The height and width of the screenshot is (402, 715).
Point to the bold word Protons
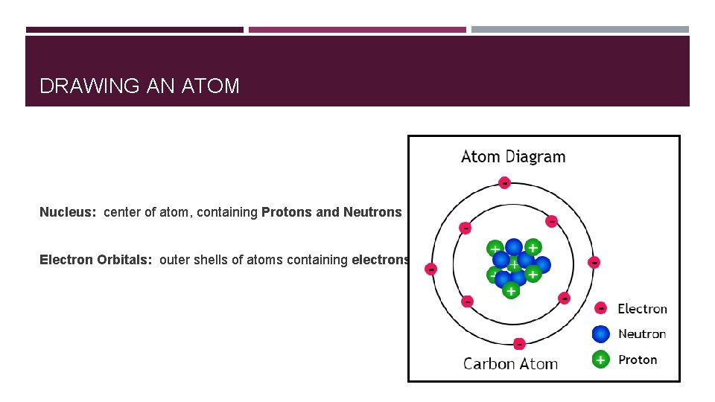tap(287, 212)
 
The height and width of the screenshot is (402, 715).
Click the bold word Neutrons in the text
tap(372, 212)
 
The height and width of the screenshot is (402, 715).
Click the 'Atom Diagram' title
tap(513, 157)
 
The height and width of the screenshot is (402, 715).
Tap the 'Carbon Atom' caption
tap(510, 364)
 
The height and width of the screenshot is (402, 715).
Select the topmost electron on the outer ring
tap(504, 182)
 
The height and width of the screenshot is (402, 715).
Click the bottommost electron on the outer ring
tap(519, 343)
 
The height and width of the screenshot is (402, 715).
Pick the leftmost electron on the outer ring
tap(430, 268)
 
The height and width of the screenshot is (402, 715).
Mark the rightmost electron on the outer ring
tap(594, 262)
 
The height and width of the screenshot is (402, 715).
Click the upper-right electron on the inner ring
tap(552, 221)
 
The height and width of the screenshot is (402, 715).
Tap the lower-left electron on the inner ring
tap(467, 301)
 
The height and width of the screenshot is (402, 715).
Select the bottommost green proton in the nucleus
tap(510, 291)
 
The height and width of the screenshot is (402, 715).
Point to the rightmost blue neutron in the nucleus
tap(542, 264)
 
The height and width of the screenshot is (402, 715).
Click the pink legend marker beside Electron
tap(601, 308)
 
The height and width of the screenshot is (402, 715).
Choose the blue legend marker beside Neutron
tap(601, 334)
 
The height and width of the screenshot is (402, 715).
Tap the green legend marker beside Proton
tap(601, 360)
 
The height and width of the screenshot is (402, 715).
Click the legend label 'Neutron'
tap(642, 334)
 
